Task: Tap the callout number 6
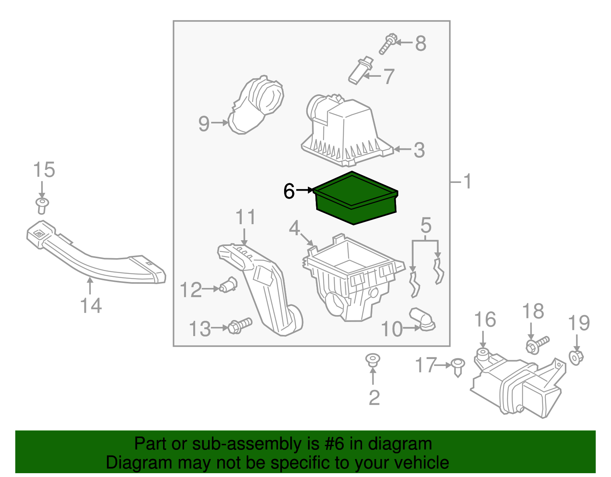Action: coord(289,191)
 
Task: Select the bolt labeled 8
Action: coord(388,44)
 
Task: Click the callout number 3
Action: coord(419,150)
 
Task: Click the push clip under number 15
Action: coord(42,206)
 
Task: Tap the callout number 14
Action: coord(91,306)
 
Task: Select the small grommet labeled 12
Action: coord(228,285)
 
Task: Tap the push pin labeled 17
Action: coord(458,368)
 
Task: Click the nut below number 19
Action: coord(576,357)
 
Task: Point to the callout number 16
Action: coord(485,320)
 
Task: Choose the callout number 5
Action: coord(426,226)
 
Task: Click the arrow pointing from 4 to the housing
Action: coord(307,239)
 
